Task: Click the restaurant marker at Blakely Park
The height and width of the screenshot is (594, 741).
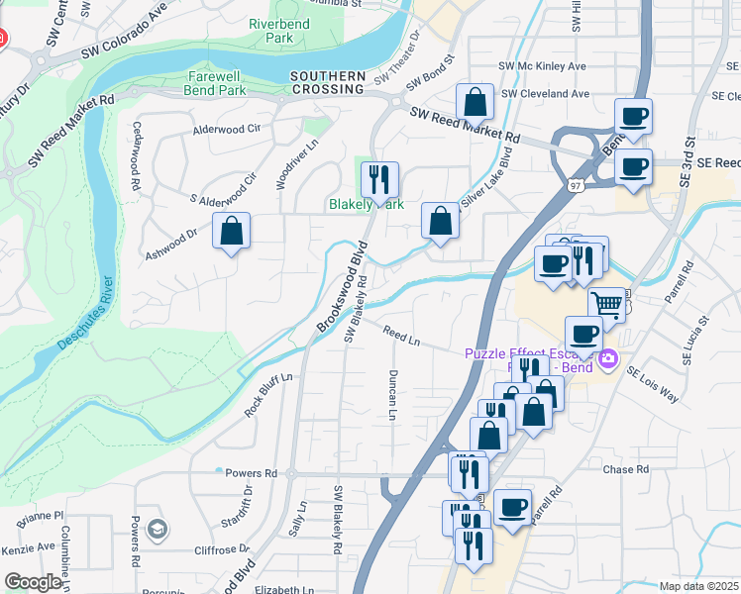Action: [378, 180]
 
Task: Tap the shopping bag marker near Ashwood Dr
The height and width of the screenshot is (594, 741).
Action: [231, 233]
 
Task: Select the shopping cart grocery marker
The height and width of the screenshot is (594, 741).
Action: [606, 305]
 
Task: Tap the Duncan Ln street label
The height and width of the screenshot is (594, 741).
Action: [392, 395]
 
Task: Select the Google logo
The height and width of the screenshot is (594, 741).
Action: [33, 582]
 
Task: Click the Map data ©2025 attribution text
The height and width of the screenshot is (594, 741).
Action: [698, 586]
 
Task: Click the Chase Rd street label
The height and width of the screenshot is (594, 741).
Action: [624, 468]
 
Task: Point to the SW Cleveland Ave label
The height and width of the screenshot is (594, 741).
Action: [545, 94]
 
